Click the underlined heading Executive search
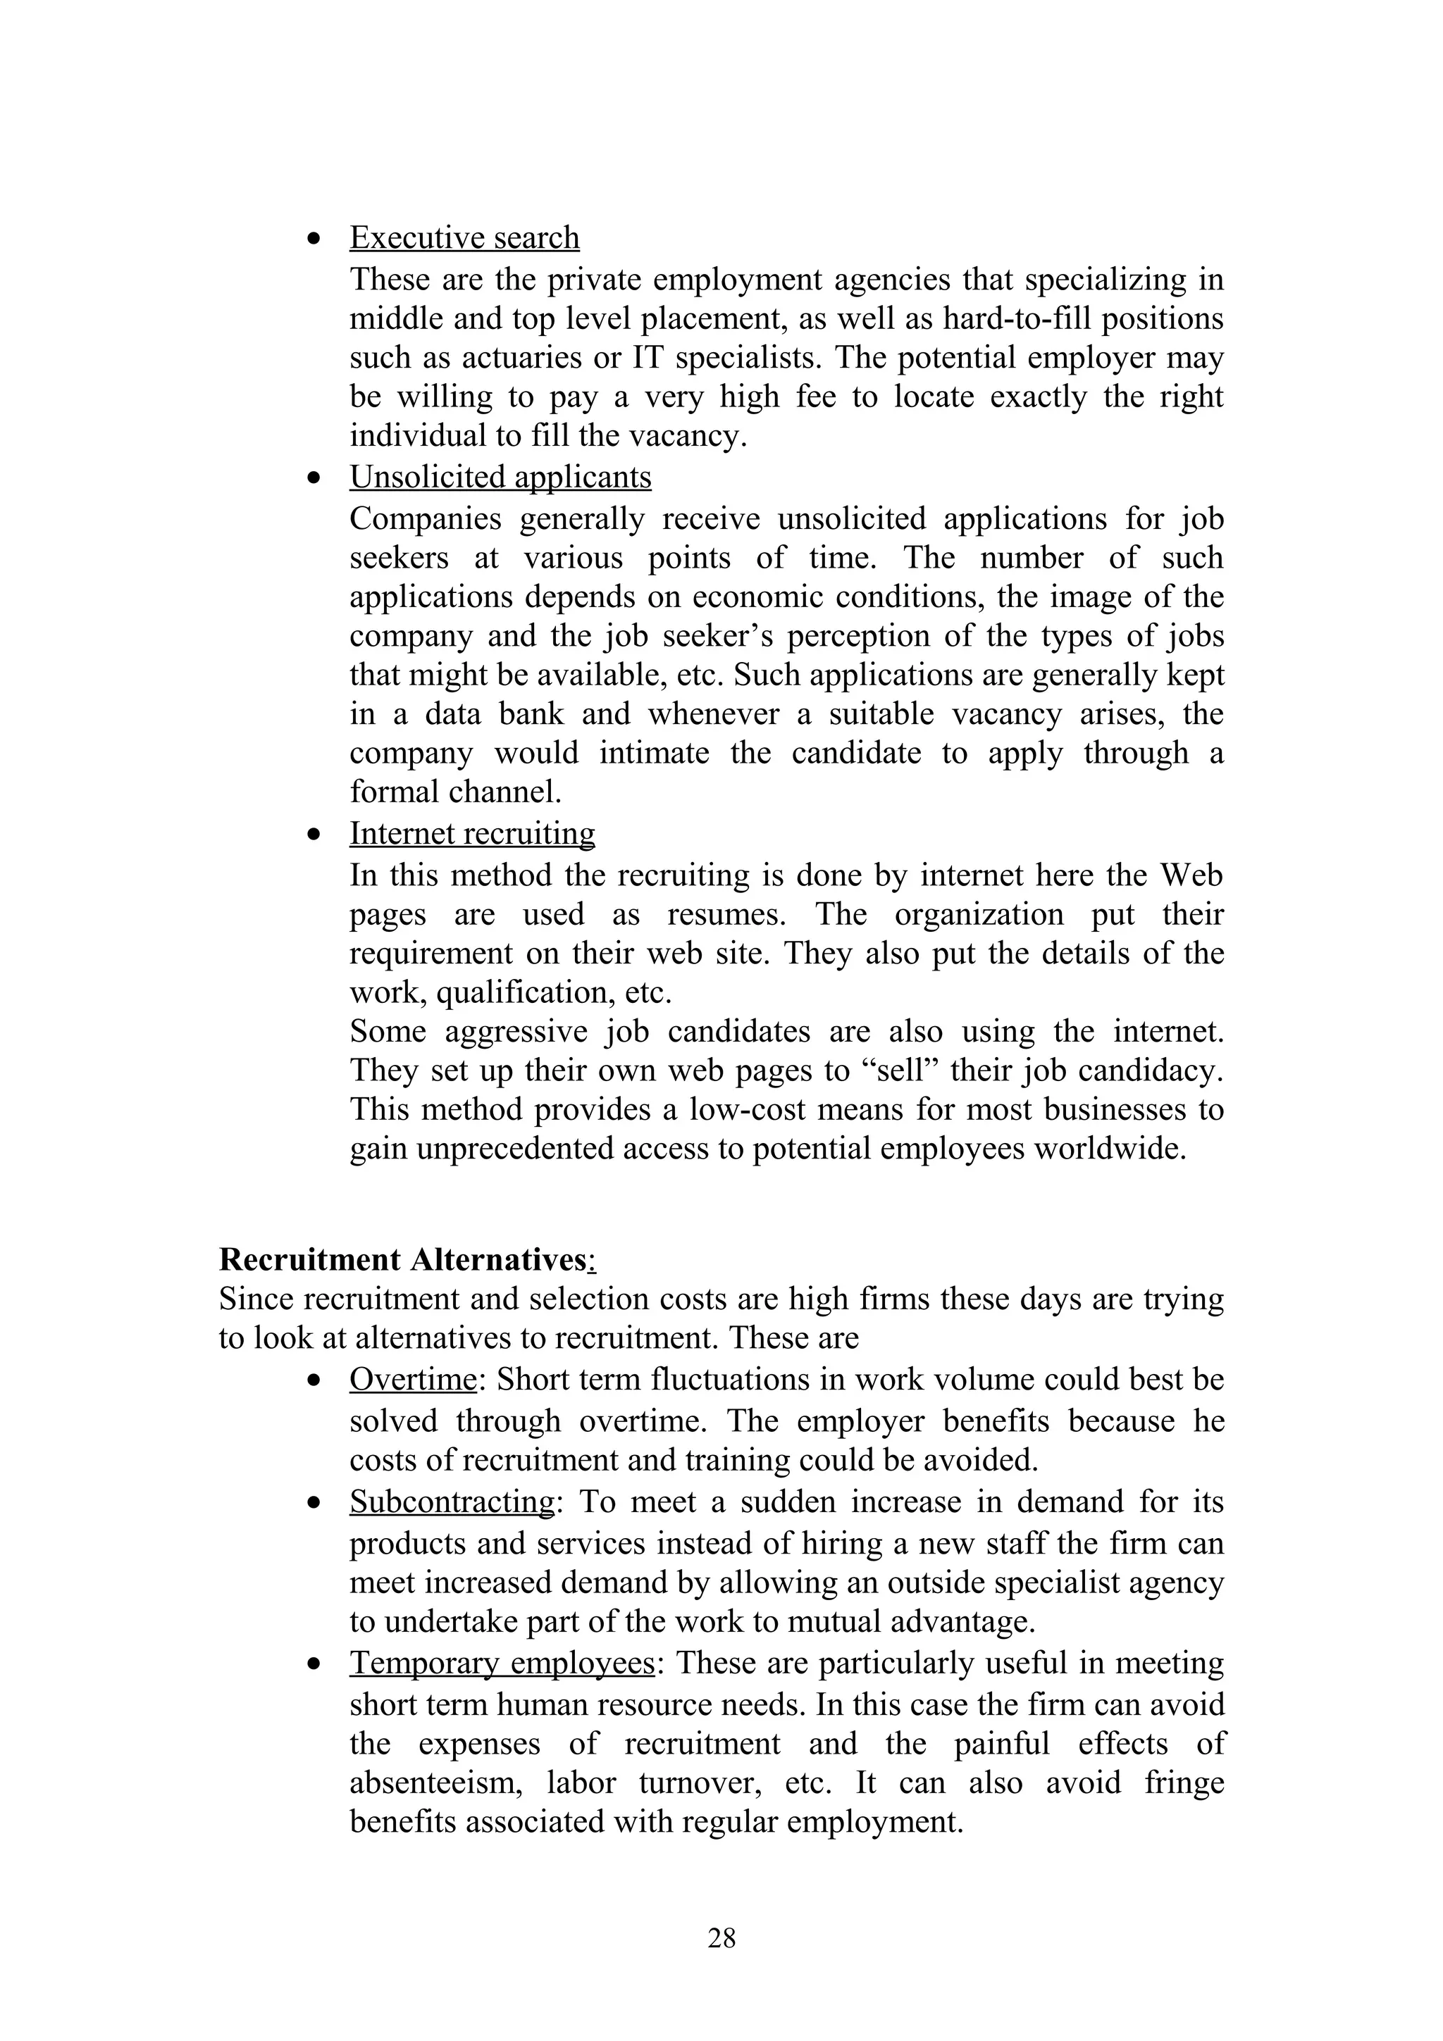[x=464, y=237]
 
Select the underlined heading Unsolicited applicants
[x=500, y=477]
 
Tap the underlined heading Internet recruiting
[x=472, y=833]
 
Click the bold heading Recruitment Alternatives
[x=407, y=1260]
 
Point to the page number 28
[x=721, y=1937]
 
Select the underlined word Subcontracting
[x=452, y=1502]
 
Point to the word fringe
[x=1184, y=1783]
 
